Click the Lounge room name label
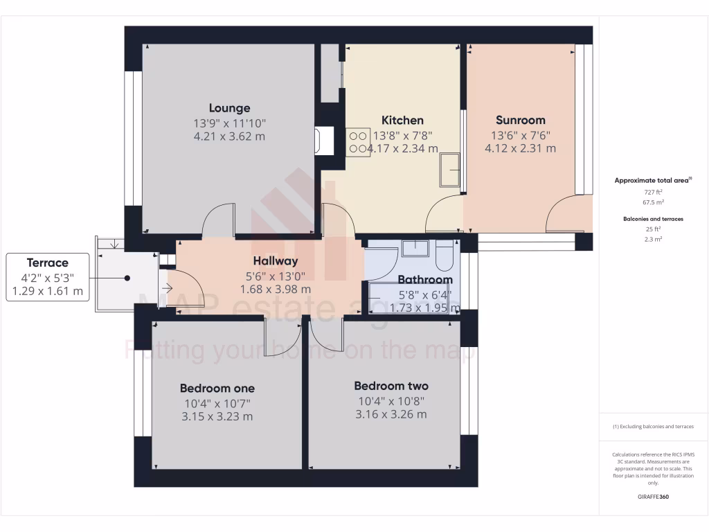[x=229, y=108]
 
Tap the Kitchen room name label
[x=402, y=120]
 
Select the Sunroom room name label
[x=520, y=120]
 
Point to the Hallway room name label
[x=275, y=261]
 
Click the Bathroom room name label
[x=424, y=280]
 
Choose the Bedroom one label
[x=217, y=388]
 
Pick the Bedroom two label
[x=391, y=386]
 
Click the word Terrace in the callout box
[x=48, y=263]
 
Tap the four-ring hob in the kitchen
[x=358, y=142]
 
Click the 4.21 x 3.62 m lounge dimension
[x=229, y=136]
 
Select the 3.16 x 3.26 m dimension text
[x=391, y=415]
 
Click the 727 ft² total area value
[x=653, y=192]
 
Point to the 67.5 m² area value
[x=653, y=202]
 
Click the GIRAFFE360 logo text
[x=653, y=497]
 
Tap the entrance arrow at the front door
[x=166, y=287]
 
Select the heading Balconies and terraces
[x=653, y=219]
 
